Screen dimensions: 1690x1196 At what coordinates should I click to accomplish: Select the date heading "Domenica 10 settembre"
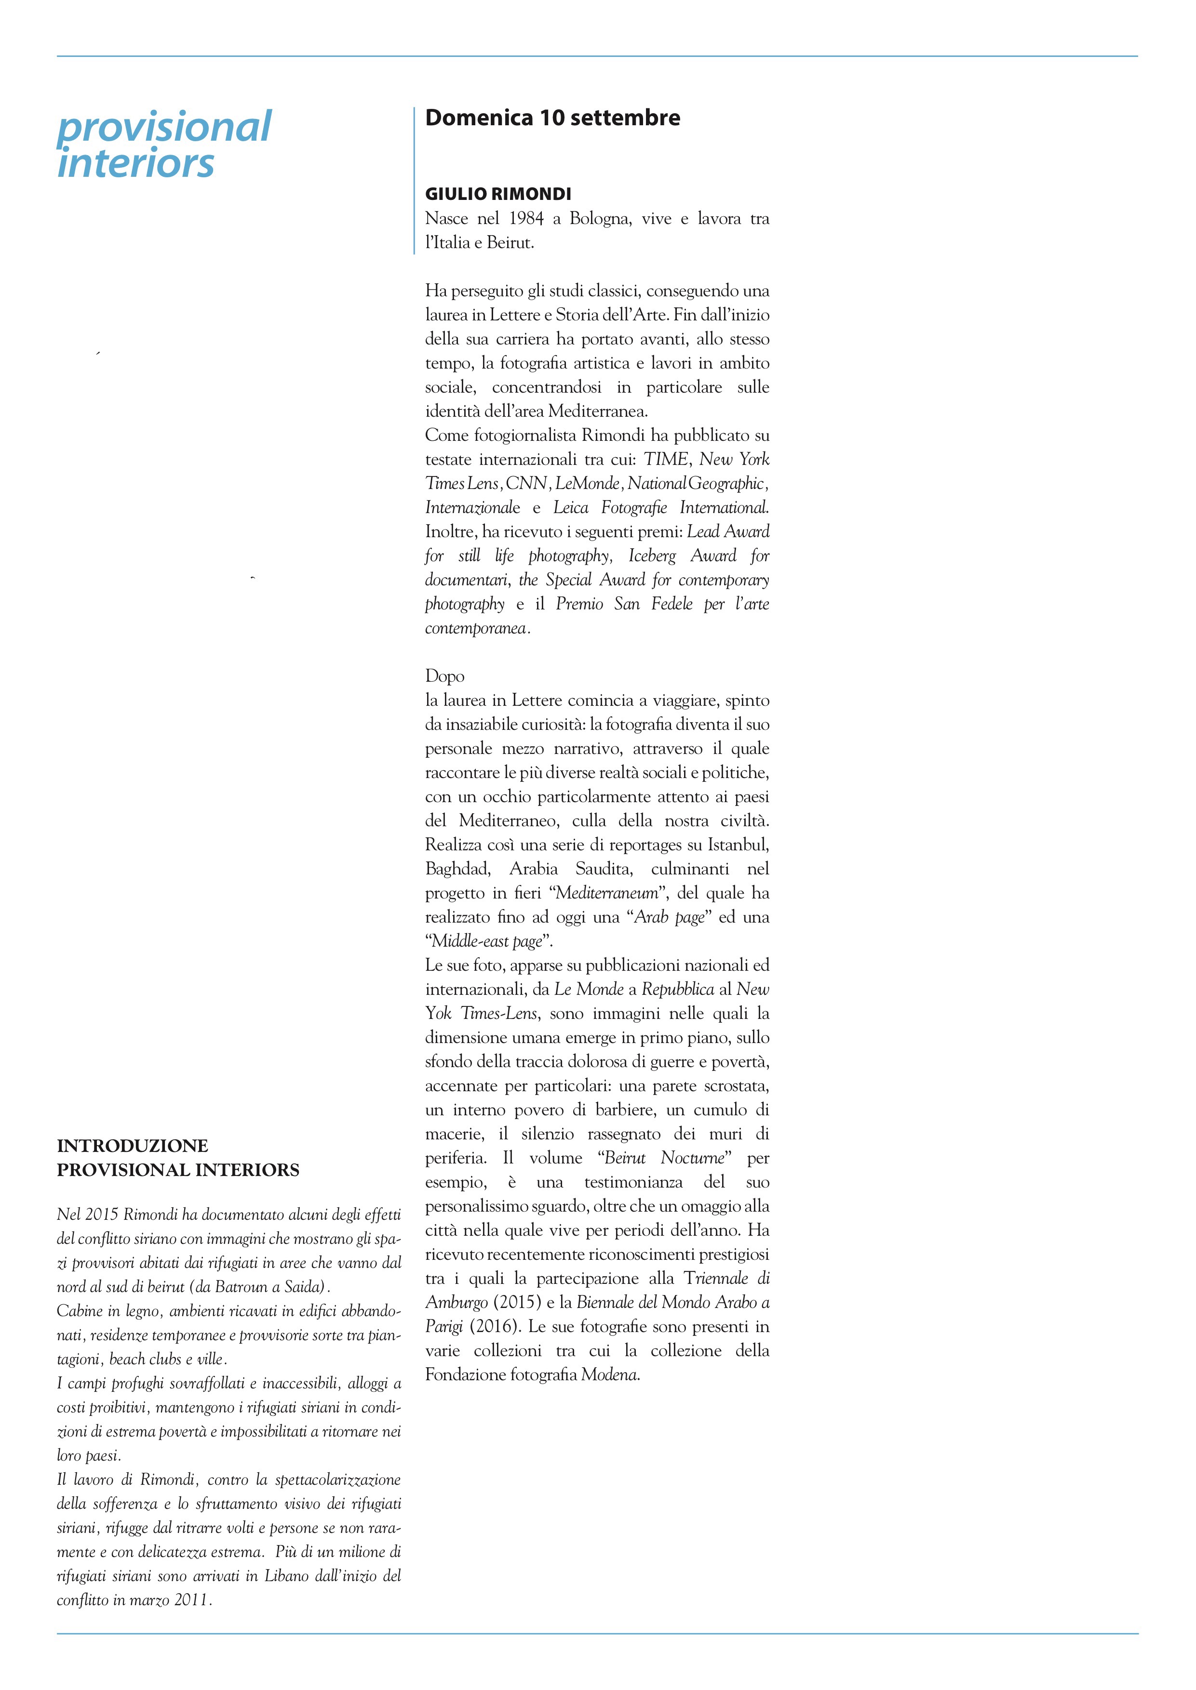tap(552, 118)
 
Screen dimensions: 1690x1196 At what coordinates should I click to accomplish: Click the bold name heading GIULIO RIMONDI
tap(498, 194)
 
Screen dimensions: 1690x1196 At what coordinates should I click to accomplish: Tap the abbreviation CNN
tap(526, 484)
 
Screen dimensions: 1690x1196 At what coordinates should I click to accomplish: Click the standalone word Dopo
tap(445, 676)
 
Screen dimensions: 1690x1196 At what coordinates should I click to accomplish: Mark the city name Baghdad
tap(457, 869)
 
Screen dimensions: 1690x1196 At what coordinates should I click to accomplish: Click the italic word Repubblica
tap(677, 989)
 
